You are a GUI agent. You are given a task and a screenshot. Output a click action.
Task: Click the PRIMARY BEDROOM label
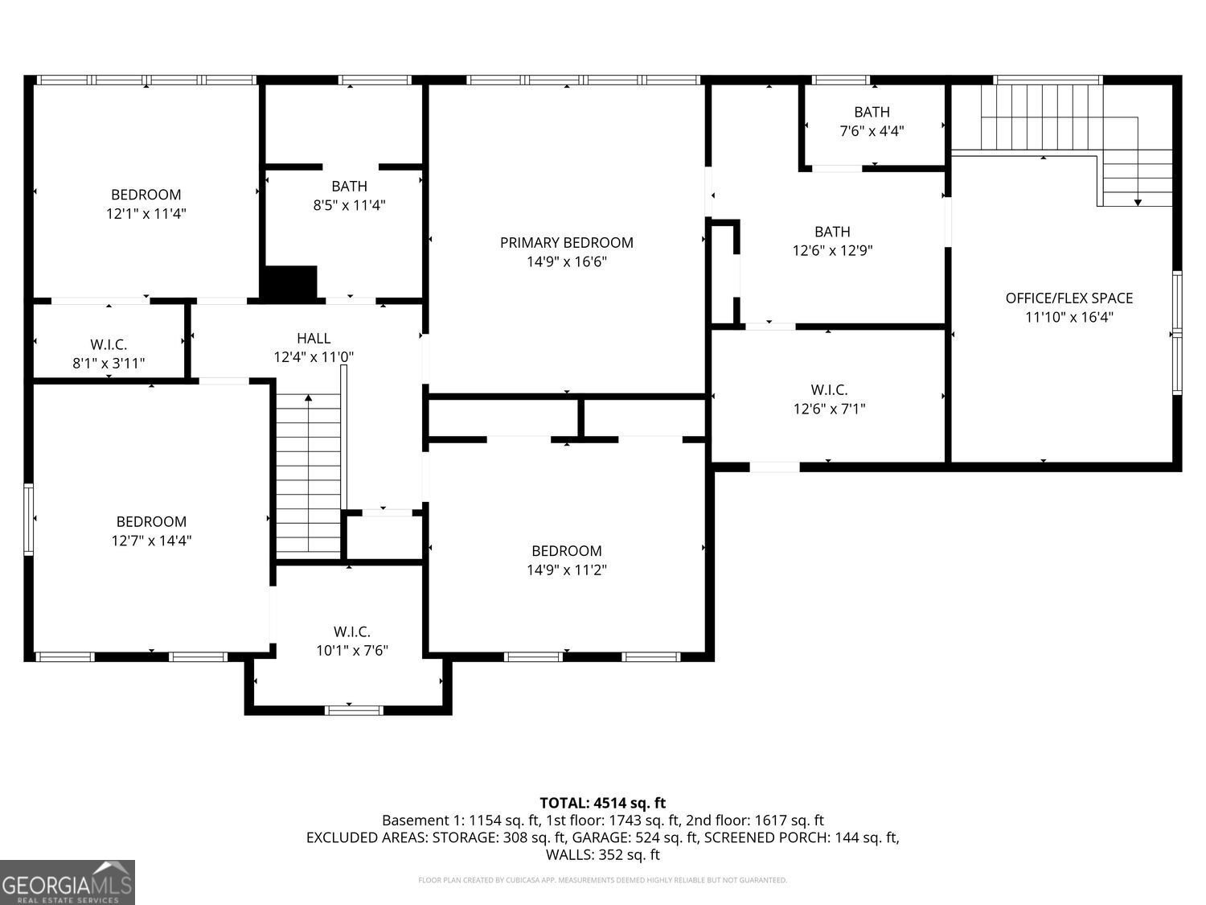click(x=566, y=242)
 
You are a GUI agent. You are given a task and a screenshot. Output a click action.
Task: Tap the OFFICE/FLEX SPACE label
click(x=1069, y=298)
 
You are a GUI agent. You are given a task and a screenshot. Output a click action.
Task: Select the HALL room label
click(x=314, y=338)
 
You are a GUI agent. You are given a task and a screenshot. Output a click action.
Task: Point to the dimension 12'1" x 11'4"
click(x=146, y=214)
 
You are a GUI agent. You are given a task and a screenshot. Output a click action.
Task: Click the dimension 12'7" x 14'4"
click(x=151, y=541)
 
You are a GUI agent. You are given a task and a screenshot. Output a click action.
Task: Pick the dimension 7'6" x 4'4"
click(x=872, y=131)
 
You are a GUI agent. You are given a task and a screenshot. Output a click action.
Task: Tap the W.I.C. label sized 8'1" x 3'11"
click(x=109, y=344)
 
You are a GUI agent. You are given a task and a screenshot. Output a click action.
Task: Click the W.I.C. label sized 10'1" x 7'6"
click(x=352, y=631)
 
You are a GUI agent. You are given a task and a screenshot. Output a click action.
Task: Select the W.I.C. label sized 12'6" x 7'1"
click(x=829, y=389)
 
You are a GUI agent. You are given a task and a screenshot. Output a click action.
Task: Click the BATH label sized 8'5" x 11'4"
click(x=349, y=186)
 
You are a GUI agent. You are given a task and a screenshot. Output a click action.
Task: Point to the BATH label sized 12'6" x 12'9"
click(x=832, y=232)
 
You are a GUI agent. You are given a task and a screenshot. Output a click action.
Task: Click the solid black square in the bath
click(x=290, y=282)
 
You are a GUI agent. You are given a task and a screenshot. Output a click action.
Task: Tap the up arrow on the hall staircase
click(x=309, y=397)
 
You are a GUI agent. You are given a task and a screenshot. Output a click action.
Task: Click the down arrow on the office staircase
click(x=1137, y=201)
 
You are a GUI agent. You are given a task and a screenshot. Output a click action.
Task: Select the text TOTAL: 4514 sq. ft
click(x=602, y=803)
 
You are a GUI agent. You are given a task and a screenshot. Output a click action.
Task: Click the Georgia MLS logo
click(x=67, y=882)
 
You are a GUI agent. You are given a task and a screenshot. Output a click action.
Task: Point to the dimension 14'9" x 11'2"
click(x=566, y=570)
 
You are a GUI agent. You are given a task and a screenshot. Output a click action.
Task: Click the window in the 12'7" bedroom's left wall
click(x=29, y=519)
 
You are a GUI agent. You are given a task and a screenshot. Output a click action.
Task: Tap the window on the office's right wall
click(x=1177, y=332)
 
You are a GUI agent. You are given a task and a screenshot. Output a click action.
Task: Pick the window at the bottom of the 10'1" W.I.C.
click(x=354, y=710)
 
